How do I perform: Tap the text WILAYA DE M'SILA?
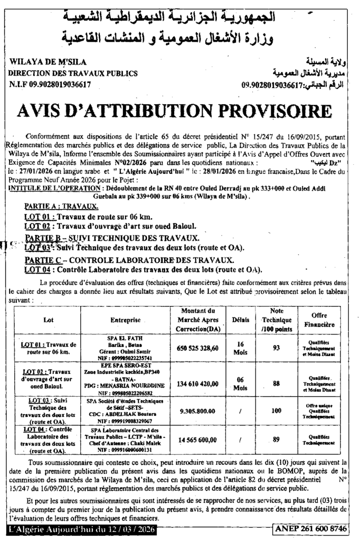tap(45, 62)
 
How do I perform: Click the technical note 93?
tap(276, 348)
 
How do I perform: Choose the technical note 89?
tap(276, 439)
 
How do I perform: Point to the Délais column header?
tap(240, 320)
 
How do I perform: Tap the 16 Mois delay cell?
tap(240, 348)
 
